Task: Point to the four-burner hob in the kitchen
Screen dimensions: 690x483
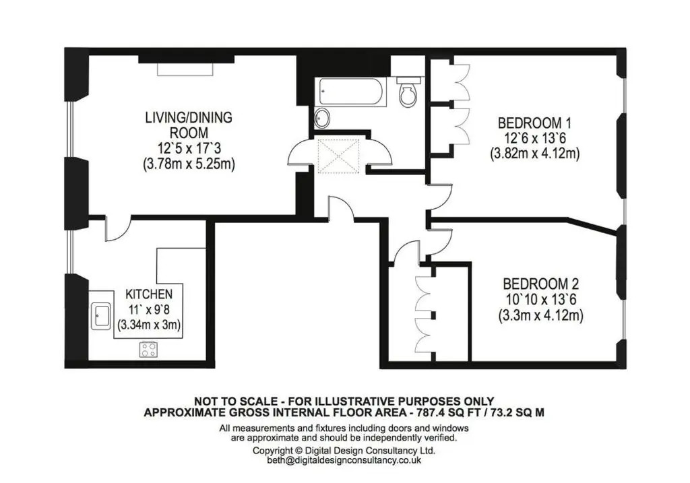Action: (148, 350)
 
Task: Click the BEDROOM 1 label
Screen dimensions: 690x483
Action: (534, 123)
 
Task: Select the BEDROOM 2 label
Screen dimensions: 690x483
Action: (541, 284)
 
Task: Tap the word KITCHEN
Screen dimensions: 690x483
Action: (149, 294)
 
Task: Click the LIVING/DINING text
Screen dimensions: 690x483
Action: (189, 117)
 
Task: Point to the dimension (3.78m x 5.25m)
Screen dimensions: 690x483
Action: (189, 164)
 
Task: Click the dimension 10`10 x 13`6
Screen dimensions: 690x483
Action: (541, 300)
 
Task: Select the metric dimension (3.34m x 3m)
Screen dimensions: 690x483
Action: (149, 325)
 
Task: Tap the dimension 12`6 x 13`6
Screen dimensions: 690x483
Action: (534, 139)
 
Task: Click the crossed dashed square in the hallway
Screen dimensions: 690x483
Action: (339, 156)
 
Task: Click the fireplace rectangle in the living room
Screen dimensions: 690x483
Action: (185, 69)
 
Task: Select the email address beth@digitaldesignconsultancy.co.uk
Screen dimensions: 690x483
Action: (344, 461)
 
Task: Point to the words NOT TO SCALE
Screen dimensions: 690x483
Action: (236, 401)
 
